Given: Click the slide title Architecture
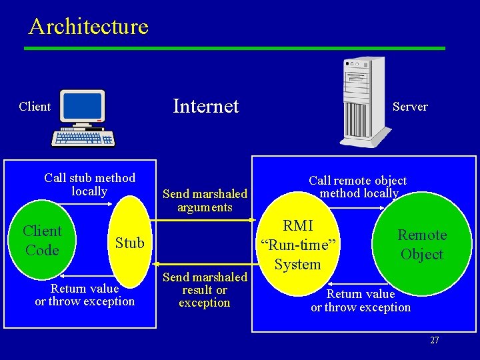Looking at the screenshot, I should (88, 27).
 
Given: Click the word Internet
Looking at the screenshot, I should (205, 106).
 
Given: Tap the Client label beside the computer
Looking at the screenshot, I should (35, 107).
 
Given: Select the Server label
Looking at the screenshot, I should (410, 107).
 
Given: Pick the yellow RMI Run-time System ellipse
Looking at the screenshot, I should (297, 245).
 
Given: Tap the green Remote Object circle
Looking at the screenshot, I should (421, 245).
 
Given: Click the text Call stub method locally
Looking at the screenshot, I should (89, 185).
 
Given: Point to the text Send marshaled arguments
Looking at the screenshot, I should (205, 201).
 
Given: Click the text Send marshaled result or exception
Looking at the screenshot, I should (205, 290).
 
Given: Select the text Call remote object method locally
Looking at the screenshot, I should (358, 187).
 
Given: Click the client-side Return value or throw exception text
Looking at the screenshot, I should (85, 295).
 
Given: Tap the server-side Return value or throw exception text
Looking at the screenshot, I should (361, 301).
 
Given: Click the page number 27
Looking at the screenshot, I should (434, 340).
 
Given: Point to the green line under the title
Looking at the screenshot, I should (233, 48).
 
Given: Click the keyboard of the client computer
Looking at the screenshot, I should (84, 138).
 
